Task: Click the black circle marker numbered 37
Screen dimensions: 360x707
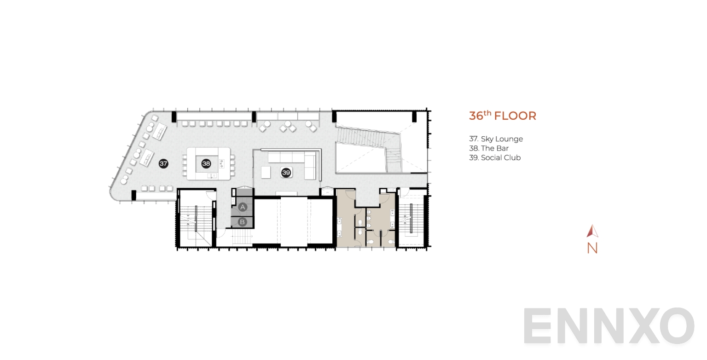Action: point(163,163)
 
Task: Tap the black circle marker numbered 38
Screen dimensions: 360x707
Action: point(206,163)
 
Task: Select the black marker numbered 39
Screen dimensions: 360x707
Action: point(286,173)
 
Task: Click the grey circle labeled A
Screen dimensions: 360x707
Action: point(243,208)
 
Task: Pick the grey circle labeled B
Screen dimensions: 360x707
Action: point(243,222)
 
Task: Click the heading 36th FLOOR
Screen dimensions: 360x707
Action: point(502,116)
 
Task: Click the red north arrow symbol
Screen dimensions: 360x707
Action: point(592,231)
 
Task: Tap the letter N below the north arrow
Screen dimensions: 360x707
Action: point(592,248)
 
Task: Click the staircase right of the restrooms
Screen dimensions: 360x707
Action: point(411,219)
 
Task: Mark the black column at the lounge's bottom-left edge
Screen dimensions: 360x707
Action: point(133,195)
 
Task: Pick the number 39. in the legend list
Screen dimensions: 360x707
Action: point(474,157)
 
